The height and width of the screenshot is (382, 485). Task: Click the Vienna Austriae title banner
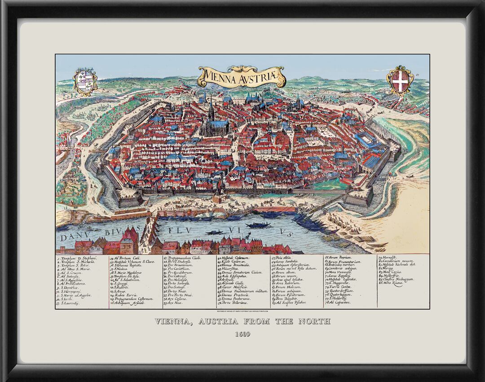click(x=242, y=77)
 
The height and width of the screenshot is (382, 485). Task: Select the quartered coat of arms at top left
click(x=85, y=81)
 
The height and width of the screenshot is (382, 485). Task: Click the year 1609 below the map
click(x=242, y=334)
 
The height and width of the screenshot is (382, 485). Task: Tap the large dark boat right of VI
click(x=258, y=225)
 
